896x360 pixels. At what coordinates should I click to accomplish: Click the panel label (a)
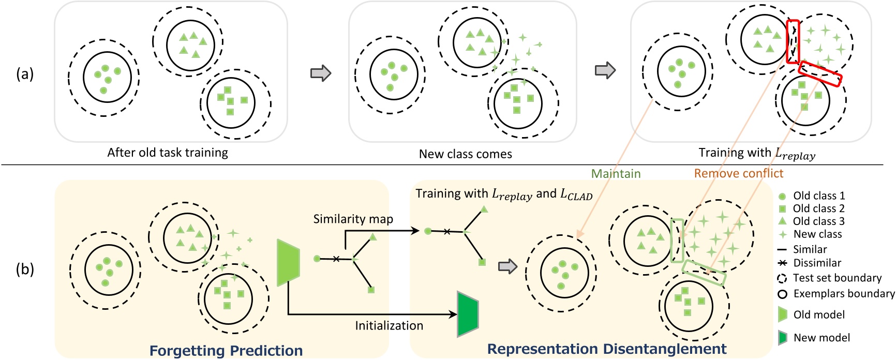tap(25, 74)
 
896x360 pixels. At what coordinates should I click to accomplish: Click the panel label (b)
tap(25, 269)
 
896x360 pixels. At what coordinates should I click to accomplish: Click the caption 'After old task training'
tap(168, 153)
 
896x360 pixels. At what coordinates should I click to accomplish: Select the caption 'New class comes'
tap(465, 154)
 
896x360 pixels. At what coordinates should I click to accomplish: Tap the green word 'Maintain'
tap(616, 174)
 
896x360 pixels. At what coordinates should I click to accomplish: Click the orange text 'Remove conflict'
tap(738, 173)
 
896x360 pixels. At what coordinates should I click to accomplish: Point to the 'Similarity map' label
tap(353, 219)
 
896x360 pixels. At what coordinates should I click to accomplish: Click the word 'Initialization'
tap(389, 325)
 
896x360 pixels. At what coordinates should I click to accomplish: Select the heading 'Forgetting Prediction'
tap(226, 350)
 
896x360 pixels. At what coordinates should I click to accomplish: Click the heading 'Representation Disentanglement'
tap(606, 349)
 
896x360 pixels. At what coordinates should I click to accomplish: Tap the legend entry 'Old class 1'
tap(818, 196)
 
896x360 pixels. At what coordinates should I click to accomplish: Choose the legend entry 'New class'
tap(817, 234)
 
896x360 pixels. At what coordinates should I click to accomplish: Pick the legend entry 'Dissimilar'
tap(817, 263)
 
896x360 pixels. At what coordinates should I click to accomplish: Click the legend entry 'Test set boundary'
tap(837, 278)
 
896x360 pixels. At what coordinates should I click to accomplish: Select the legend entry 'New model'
tap(821, 338)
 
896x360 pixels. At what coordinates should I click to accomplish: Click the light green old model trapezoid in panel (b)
tap(288, 262)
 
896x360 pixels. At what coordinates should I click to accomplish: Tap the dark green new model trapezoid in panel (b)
tap(467, 314)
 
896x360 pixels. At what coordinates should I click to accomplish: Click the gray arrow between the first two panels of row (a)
tap(321, 73)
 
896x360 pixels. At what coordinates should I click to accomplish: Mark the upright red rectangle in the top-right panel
tap(793, 42)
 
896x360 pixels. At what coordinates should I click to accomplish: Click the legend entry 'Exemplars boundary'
tap(843, 294)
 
